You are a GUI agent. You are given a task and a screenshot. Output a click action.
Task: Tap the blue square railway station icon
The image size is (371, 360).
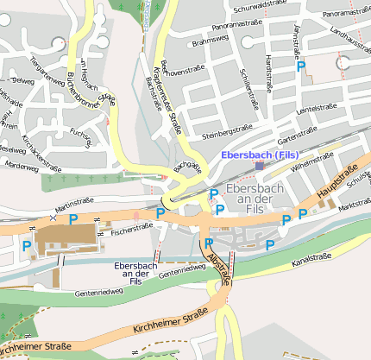click(x=260, y=166)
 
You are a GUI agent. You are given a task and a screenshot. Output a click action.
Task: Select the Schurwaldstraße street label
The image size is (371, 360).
click(x=254, y=4)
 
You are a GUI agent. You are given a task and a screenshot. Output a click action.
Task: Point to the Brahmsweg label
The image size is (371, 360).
click(x=211, y=41)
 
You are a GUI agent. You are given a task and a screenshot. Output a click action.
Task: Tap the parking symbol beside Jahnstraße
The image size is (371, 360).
click(x=301, y=66)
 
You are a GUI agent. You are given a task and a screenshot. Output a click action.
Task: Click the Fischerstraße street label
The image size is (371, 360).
click(x=132, y=228)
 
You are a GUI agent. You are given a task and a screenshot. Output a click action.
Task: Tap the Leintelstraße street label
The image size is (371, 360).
click(x=316, y=110)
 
